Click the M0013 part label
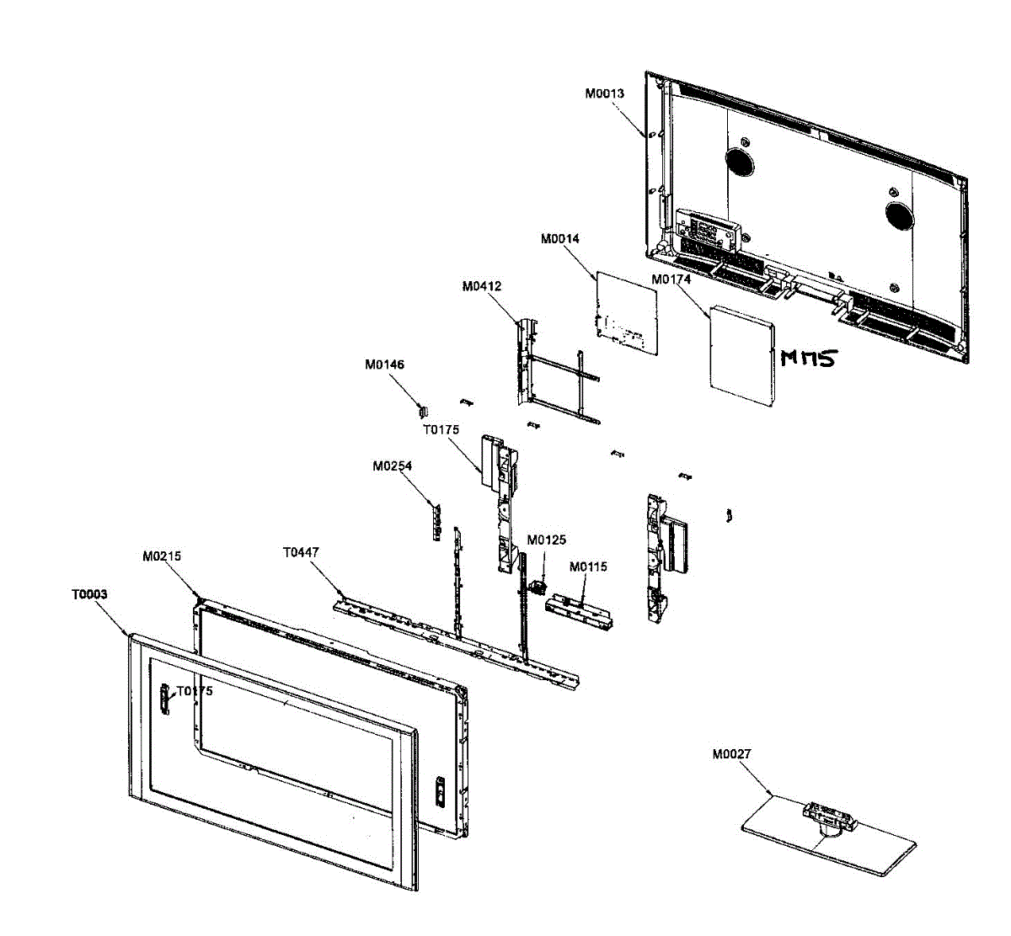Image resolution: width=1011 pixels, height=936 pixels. [x=604, y=93]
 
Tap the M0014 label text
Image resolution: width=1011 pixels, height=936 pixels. [x=559, y=239]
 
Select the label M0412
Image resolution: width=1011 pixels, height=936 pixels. [x=481, y=286]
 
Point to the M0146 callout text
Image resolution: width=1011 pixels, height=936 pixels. [x=384, y=365]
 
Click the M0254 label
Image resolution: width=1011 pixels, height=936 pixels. [x=392, y=466]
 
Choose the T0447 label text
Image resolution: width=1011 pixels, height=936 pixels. [x=301, y=553]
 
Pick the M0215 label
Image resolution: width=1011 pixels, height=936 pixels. [x=162, y=556]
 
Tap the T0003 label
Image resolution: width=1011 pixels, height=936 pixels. [x=89, y=594]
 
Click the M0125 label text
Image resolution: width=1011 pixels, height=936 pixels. [x=547, y=540]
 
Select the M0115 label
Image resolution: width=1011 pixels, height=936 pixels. [x=587, y=567]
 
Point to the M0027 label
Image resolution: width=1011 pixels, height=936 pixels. [x=731, y=754]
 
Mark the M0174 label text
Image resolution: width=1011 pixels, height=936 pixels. [x=671, y=279]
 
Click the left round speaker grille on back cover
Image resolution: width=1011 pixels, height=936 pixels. [x=739, y=161]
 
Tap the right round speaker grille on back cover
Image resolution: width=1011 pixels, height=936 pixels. [x=899, y=215]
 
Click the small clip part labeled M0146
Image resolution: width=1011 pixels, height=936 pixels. [x=424, y=410]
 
